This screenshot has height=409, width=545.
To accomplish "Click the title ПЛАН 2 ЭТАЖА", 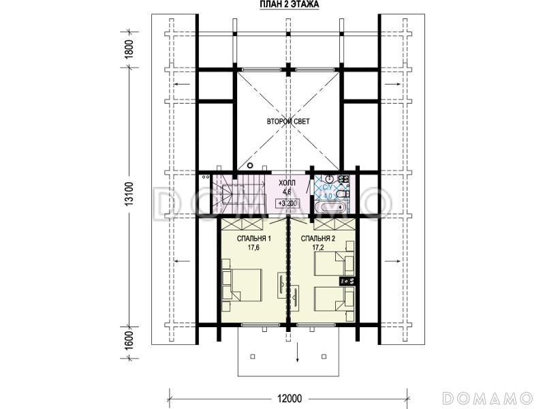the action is [289, 4].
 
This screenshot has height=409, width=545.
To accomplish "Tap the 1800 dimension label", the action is [129, 50].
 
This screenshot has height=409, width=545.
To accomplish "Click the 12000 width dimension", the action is [290, 398].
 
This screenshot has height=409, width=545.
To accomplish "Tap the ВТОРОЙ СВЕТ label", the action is [288, 121].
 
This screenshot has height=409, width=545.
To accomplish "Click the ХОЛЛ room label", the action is [287, 183].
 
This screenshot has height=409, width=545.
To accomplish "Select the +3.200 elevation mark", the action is [287, 203].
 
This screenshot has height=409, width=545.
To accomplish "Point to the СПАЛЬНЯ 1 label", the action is [253, 239].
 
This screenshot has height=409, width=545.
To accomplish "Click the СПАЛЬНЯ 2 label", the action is [318, 239].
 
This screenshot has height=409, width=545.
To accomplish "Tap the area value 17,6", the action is [253, 247].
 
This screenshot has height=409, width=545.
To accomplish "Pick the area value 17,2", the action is [318, 247].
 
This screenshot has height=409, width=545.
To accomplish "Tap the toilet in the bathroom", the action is [344, 192].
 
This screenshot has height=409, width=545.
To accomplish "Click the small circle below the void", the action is [249, 166].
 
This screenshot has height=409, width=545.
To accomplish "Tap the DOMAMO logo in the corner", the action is [488, 397].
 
